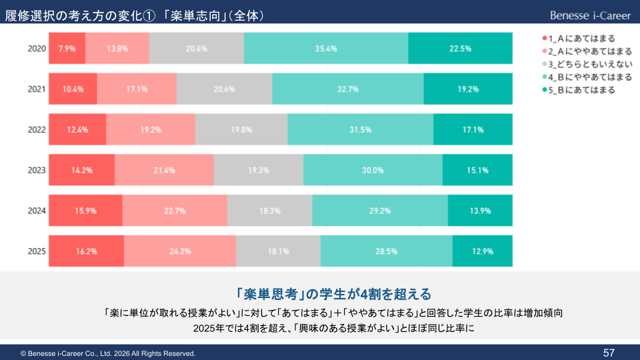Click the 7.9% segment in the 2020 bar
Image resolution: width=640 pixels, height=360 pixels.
click(x=67, y=49)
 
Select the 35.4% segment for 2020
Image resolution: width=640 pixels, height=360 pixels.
click(x=326, y=49)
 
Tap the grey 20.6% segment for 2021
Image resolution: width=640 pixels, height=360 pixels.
click(x=225, y=89)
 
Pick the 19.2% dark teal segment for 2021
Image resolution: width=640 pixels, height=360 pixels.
click(x=468, y=89)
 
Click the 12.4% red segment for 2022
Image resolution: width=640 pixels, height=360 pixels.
click(x=77, y=130)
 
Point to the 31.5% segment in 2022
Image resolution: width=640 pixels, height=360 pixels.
click(x=360, y=130)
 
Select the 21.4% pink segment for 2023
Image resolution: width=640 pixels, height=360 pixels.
click(x=164, y=170)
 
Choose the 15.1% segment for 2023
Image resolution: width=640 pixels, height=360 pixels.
click(x=477, y=170)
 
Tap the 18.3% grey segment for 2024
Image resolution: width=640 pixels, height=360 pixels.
click(x=269, y=211)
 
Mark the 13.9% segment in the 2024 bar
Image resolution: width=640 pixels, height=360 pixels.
click(x=480, y=211)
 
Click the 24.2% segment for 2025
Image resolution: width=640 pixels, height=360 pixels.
click(x=180, y=251)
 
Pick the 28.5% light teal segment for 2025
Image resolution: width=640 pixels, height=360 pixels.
click(x=387, y=251)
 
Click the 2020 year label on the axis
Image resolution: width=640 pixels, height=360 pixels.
click(x=37, y=49)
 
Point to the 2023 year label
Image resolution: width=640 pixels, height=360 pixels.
click(x=37, y=170)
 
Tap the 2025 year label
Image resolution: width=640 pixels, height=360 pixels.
click(x=37, y=251)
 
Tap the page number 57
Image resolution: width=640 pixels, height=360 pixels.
click(x=609, y=352)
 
